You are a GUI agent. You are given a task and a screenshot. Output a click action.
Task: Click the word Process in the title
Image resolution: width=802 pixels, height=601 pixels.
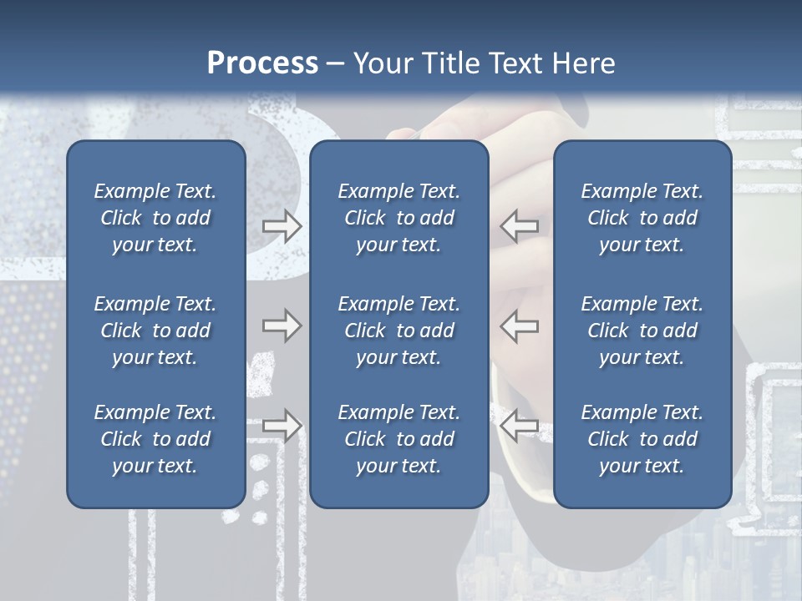[x=262, y=63]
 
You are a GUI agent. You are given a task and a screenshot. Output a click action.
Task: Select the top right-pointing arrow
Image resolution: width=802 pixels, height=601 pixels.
[x=282, y=225]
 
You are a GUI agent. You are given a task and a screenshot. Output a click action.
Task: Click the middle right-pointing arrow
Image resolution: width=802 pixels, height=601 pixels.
[x=282, y=326]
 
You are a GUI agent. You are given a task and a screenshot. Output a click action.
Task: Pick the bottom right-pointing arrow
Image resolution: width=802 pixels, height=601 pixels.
[x=282, y=426]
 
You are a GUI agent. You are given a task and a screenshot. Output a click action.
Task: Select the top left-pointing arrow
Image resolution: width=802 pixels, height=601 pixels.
[x=520, y=225]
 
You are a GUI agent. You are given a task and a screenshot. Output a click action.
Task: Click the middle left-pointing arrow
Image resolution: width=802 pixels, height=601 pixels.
[x=520, y=326]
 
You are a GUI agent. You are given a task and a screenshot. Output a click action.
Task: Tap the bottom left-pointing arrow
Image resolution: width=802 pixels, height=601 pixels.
[x=520, y=426]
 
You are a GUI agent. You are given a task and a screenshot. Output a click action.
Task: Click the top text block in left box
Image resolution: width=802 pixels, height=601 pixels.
[x=155, y=218]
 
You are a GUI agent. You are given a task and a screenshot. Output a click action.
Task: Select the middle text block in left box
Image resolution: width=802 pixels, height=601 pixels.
[x=155, y=331]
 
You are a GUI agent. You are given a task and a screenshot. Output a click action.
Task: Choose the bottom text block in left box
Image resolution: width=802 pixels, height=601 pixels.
[x=155, y=439]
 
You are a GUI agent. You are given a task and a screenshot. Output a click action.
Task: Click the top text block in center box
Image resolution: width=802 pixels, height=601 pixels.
[x=398, y=218]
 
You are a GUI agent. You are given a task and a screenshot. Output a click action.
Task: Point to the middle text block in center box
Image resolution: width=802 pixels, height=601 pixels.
[x=398, y=331]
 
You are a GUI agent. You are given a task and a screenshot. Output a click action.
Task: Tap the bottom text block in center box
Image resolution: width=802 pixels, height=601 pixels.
[x=398, y=439]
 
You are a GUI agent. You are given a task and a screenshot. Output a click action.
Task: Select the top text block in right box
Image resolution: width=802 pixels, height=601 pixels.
[x=642, y=218]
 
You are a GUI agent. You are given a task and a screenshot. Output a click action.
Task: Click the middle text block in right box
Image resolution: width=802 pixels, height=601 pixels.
[x=642, y=331]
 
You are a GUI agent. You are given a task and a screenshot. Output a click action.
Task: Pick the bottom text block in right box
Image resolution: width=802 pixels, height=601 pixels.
[x=642, y=439]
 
